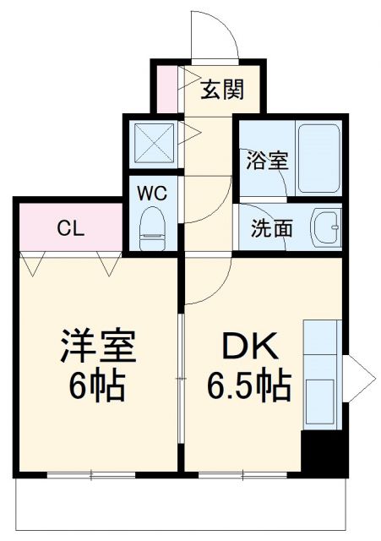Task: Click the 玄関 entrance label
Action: [222, 89]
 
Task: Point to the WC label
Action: [153, 192]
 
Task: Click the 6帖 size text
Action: [96, 386]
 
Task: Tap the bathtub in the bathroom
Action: [318, 158]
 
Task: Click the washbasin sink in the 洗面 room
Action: [324, 228]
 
